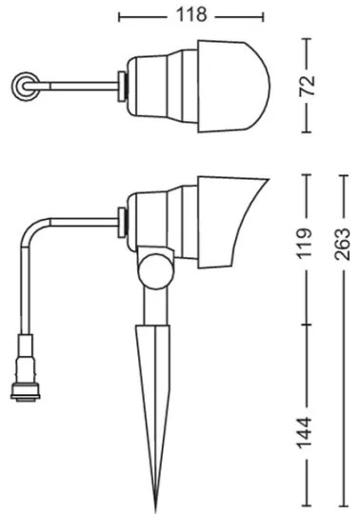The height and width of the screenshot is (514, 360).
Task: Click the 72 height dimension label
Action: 307,87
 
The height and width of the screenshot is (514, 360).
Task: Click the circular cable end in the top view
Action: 21,88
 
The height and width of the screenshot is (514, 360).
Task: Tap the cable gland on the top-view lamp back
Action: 122,86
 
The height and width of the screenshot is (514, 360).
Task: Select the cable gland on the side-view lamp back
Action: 121,221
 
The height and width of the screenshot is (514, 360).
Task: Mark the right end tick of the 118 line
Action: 263,15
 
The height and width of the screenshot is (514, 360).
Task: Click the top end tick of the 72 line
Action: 307,39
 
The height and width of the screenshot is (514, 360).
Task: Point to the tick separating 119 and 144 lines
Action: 307,324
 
